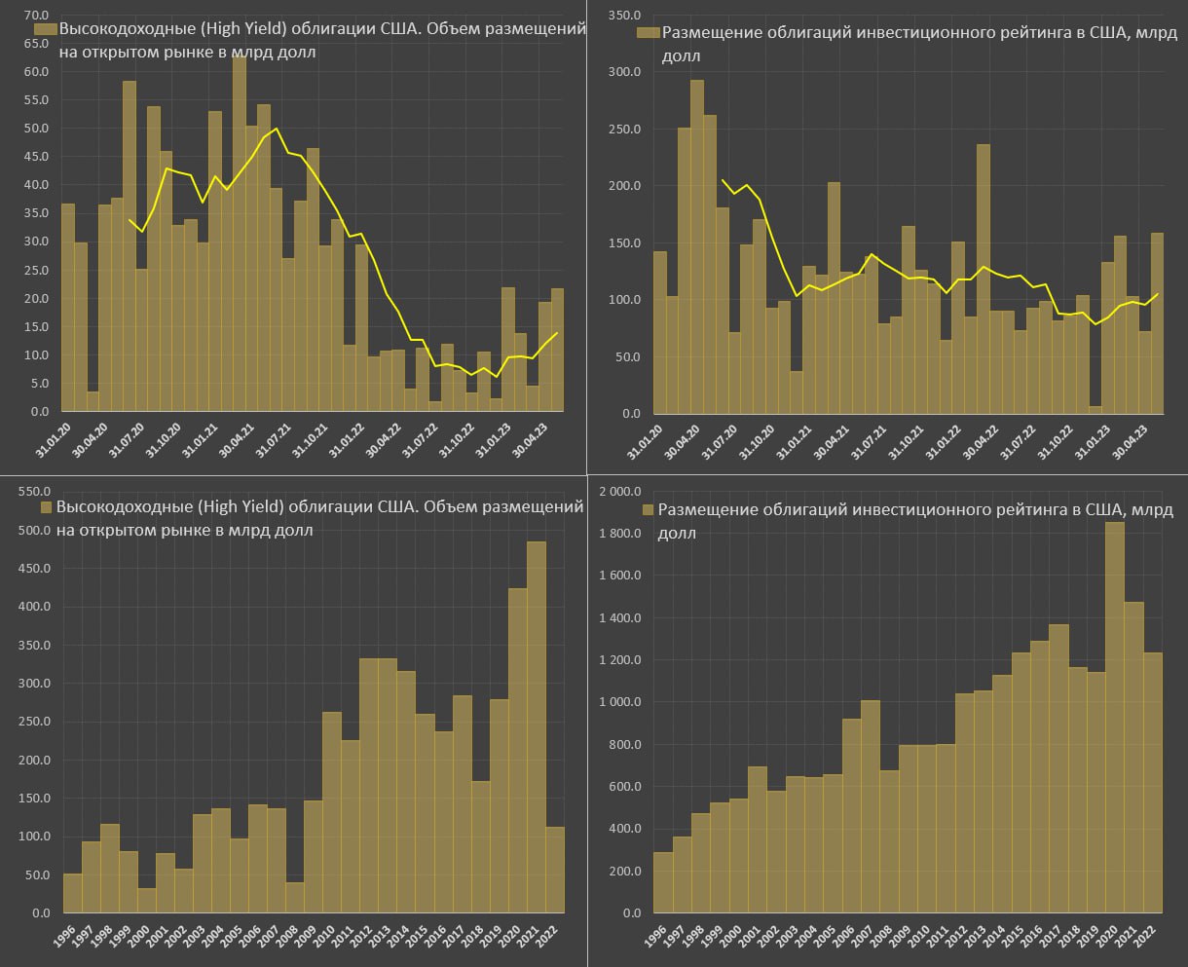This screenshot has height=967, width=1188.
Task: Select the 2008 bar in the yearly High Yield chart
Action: click(x=295, y=897)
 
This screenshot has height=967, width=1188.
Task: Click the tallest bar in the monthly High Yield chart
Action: click(x=239, y=234)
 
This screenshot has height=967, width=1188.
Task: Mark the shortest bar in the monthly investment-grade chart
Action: click(x=1095, y=409)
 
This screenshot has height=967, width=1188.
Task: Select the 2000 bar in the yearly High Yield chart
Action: click(x=147, y=900)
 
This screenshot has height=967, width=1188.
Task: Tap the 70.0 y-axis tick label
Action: click(x=36, y=16)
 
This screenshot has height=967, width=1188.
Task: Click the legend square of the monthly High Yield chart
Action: click(x=45, y=31)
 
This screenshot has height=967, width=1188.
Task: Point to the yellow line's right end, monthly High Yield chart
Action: click(x=558, y=333)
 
